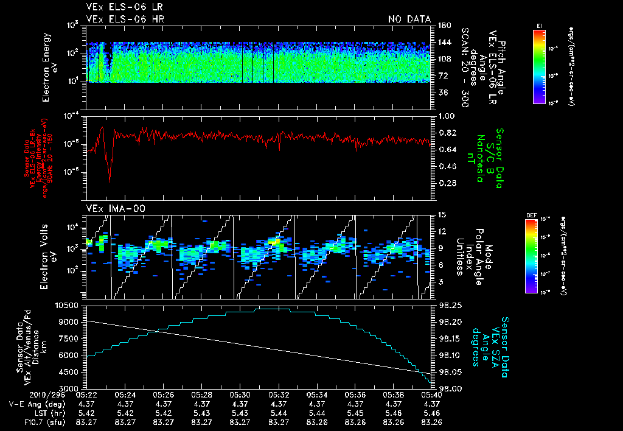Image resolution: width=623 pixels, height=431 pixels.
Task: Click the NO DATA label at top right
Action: point(409,19)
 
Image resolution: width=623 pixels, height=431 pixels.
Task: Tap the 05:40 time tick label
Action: point(431,394)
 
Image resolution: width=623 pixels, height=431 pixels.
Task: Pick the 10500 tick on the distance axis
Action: point(69,304)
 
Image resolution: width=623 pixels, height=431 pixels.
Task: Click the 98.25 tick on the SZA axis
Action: point(450,304)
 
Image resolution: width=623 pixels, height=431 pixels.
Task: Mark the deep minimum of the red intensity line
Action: point(110,181)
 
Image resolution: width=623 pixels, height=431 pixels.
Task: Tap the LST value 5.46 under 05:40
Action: point(431,412)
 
